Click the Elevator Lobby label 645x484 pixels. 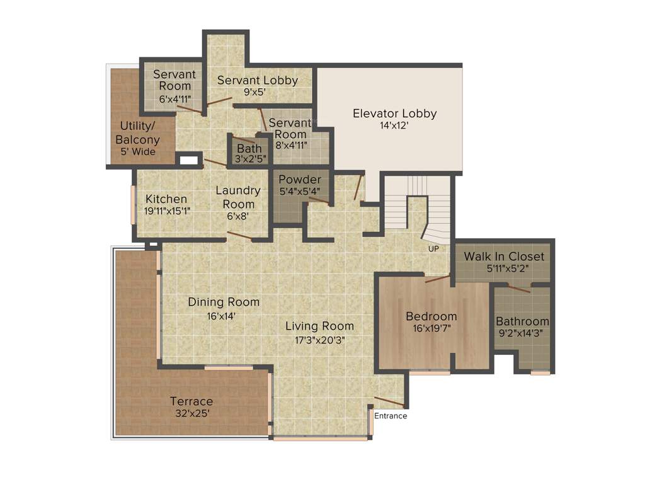click(x=394, y=114)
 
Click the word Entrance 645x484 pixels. click(x=391, y=416)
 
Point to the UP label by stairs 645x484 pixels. click(x=433, y=249)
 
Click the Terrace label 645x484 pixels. click(x=191, y=401)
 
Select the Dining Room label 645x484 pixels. click(x=224, y=302)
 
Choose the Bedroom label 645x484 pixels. click(x=431, y=316)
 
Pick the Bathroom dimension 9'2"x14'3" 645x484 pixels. click(x=522, y=333)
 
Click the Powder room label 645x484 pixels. click(x=300, y=180)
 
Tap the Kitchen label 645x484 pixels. click(x=166, y=199)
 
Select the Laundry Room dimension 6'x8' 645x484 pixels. click(x=237, y=216)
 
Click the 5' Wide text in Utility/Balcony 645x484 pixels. click(x=138, y=152)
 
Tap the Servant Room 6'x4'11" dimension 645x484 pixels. click(x=175, y=99)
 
